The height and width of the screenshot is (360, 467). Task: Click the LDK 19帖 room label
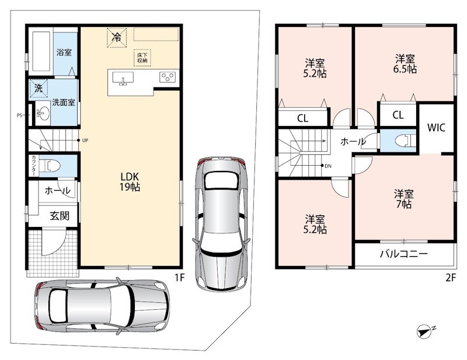130,181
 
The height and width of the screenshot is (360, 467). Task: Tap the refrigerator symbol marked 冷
117,37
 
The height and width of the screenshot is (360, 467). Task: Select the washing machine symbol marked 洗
39,88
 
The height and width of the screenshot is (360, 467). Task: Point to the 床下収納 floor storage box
142,57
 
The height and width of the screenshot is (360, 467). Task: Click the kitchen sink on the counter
123,79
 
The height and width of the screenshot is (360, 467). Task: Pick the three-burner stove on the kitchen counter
168,78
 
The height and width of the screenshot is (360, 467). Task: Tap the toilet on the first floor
50,166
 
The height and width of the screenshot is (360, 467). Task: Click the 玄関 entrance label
60,215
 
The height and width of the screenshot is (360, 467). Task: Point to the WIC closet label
436,128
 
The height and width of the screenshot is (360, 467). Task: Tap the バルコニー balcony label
403,254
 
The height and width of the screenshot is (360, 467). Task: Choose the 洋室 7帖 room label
404,199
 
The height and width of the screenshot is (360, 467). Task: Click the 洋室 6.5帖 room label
405,64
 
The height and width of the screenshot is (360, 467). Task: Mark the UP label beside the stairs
85,141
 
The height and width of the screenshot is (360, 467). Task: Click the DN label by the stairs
328,166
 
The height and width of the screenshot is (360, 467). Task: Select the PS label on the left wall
19,116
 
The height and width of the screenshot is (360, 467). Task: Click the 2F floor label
451,278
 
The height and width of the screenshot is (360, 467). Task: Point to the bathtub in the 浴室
41,51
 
